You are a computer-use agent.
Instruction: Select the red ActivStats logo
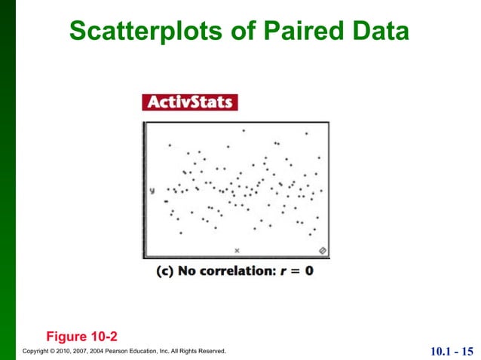(x=189, y=102)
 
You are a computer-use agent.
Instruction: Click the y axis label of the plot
(x=152, y=191)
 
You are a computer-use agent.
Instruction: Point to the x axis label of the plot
(x=237, y=249)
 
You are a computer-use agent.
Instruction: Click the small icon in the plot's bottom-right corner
(x=322, y=249)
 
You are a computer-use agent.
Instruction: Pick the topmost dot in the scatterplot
(x=244, y=130)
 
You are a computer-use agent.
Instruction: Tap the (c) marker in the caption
(x=164, y=270)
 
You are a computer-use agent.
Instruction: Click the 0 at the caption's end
(x=308, y=270)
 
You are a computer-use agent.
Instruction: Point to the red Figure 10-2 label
(x=81, y=334)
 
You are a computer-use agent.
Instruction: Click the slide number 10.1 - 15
(x=452, y=351)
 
